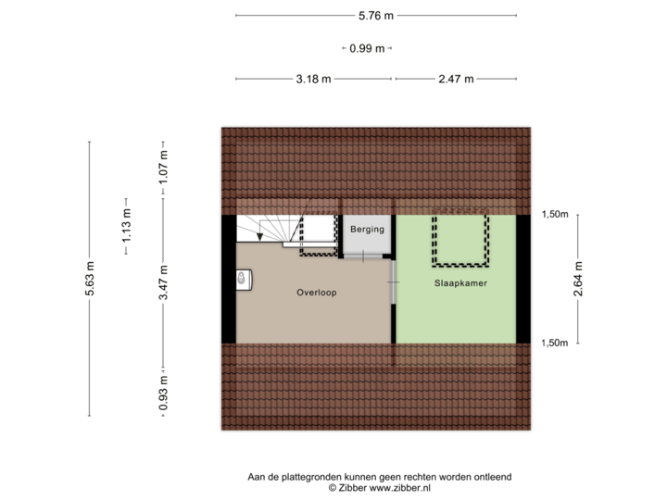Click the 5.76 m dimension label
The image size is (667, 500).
pos(376,15)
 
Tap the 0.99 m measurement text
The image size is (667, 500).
pos(366,48)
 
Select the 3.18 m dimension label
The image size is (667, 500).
pos(313,80)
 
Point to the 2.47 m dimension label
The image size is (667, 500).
pos(455,80)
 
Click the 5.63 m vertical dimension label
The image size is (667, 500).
pos(90,279)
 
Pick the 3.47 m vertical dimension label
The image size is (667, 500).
pos(163,285)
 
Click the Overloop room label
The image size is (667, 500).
pos(316,293)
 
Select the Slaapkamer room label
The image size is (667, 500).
pos(459,282)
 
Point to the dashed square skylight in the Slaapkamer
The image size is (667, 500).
pos(459,237)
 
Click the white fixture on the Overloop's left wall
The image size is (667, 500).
pos(243,278)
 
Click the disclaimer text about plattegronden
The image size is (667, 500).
pos(378,475)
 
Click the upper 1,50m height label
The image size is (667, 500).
pos(554,215)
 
